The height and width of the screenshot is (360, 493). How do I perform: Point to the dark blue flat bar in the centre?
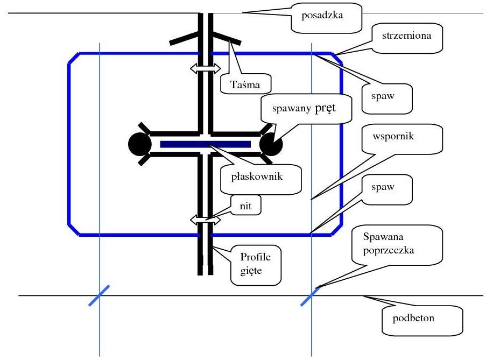coord(205,144)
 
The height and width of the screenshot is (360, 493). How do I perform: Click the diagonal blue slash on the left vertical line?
coord(99,296)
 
